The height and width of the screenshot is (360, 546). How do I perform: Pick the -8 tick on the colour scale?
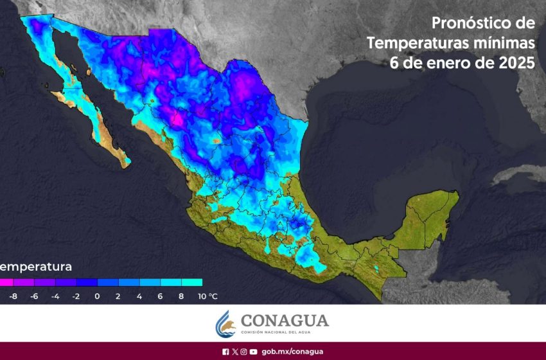14,296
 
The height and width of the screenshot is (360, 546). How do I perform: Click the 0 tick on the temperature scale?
97,296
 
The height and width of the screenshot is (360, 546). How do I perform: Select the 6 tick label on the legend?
160,296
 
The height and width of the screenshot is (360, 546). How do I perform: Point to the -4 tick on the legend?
55,296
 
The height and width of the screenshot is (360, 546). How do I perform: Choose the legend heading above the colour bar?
36,266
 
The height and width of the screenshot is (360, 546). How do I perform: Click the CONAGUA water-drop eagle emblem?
225,323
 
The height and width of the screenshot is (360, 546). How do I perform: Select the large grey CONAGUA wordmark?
284,320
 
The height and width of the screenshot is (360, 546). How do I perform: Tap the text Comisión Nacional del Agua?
284,332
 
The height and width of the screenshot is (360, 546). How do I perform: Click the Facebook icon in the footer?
225,352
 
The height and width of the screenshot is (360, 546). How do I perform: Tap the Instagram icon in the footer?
243,352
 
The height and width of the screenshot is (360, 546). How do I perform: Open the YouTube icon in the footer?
254,352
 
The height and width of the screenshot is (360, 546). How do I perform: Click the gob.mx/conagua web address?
292,352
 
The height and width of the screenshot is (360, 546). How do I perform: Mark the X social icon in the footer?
234,352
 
